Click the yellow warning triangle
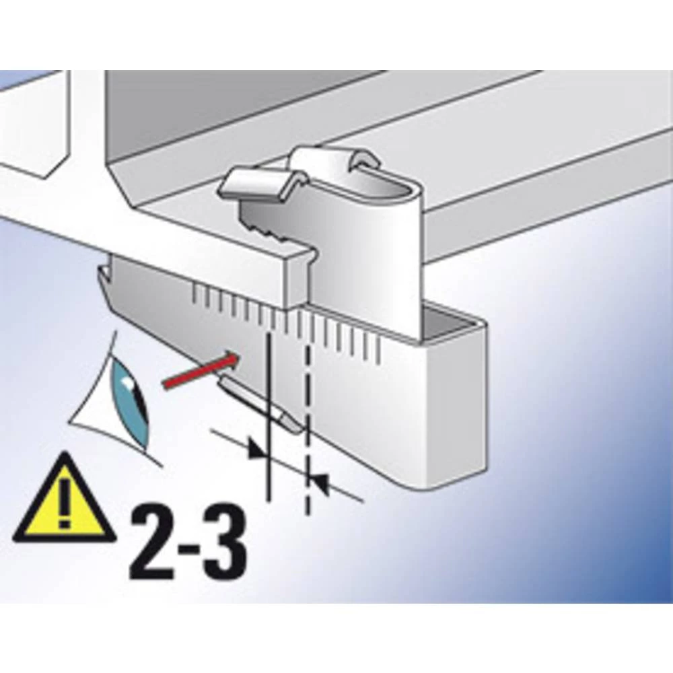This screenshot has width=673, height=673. point(64,501)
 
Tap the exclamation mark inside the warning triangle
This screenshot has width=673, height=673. point(65,503)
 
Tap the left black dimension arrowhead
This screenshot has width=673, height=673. point(257,449)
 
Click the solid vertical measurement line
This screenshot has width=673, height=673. point(269,414)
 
